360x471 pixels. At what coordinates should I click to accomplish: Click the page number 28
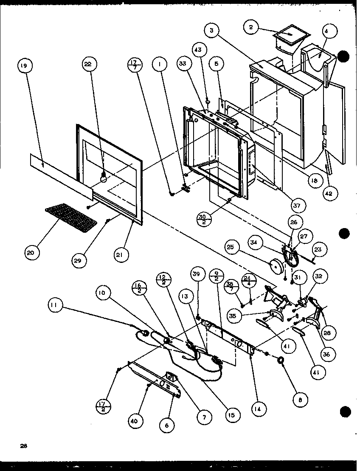coord(23,446)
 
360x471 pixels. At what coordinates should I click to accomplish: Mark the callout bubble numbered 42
coord(330,193)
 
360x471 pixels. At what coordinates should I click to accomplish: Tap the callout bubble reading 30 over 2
coord(205,220)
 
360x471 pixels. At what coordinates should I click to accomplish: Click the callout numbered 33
coord(183,65)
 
